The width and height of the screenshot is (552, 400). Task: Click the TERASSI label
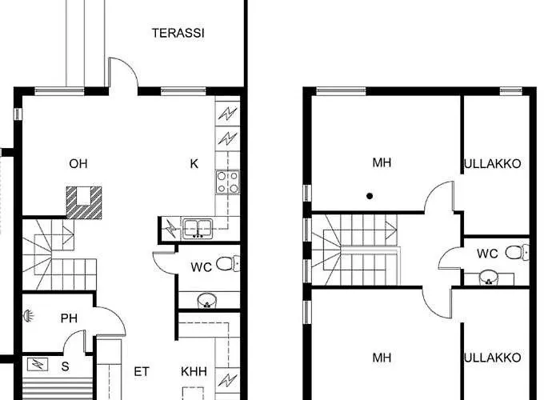[178, 34]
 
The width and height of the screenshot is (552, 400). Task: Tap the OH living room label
[78, 164]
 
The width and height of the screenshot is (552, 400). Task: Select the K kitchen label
[194, 164]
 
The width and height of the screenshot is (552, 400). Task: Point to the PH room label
[69, 318]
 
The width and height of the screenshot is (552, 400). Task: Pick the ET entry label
[142, 371]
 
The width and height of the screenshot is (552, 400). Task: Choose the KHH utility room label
[194, 371]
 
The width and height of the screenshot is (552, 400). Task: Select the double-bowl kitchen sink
[195, 229]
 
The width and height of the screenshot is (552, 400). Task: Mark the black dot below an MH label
[370, 195]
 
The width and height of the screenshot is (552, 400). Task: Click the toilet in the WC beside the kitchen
[228, 264]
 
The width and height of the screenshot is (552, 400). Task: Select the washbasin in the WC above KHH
[207, 301]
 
